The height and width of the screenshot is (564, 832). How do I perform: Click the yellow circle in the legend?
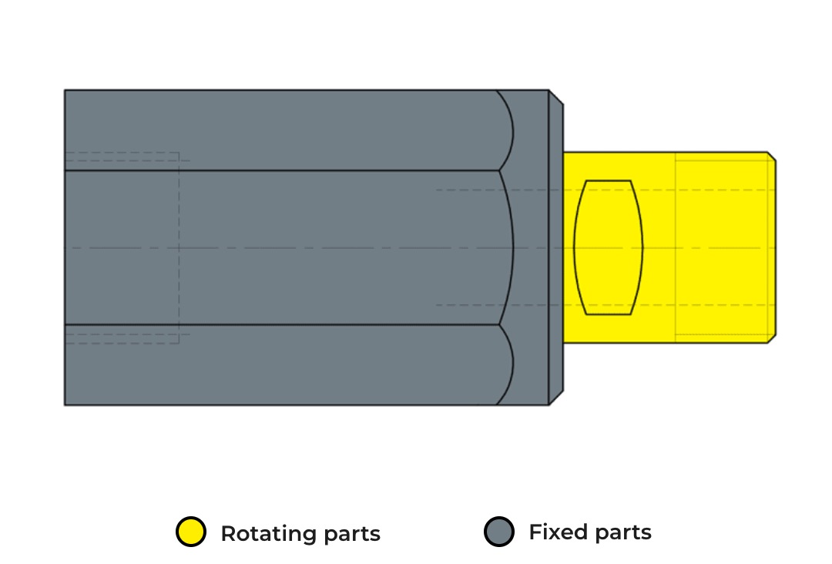click(191, 532)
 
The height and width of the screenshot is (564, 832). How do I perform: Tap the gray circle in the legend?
click(499, 532)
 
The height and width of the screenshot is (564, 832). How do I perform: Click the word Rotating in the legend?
click(269, 534)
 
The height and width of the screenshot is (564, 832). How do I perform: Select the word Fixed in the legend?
click(557, 532)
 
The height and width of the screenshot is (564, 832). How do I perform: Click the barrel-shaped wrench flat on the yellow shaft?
click(609, 248)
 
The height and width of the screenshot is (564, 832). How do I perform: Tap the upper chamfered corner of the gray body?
click(556, 97)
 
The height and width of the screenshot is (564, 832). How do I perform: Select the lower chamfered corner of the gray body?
click(556, 398)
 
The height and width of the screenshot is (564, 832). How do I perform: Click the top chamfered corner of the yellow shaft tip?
click(772, 156)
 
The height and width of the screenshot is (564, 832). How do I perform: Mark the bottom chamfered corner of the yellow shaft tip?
click(772, 339)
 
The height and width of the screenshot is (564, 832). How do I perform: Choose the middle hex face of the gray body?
click(287, 247)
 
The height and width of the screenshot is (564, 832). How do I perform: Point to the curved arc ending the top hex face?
click(512, 130)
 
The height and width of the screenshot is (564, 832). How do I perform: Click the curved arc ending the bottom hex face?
click(512, 365)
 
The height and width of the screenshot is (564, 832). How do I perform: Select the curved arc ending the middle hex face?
click(513, 247)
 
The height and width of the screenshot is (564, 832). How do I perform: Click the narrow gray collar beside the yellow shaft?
click(556, 248)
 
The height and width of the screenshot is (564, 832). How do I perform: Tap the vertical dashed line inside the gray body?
click(179, 248)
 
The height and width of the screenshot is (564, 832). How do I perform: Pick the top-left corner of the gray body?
click(65, 90)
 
